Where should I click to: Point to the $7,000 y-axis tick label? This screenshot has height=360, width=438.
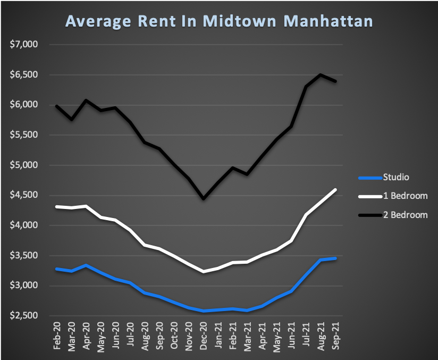(24, 44)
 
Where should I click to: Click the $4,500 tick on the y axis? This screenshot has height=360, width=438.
(24, 195)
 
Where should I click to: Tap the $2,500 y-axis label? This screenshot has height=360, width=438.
(24, 316)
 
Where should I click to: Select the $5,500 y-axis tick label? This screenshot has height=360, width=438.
(24, 135)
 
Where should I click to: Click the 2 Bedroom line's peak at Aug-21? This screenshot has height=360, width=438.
(321, 74)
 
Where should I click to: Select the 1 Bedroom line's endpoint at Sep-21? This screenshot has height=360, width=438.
(335, 190)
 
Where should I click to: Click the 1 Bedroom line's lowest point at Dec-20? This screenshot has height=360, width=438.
(204, 272)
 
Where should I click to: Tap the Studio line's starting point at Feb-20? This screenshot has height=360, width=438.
(57, 269)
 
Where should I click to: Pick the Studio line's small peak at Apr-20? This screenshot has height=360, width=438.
(86, 265)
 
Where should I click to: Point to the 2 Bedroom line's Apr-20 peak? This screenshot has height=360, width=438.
(86, 100)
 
